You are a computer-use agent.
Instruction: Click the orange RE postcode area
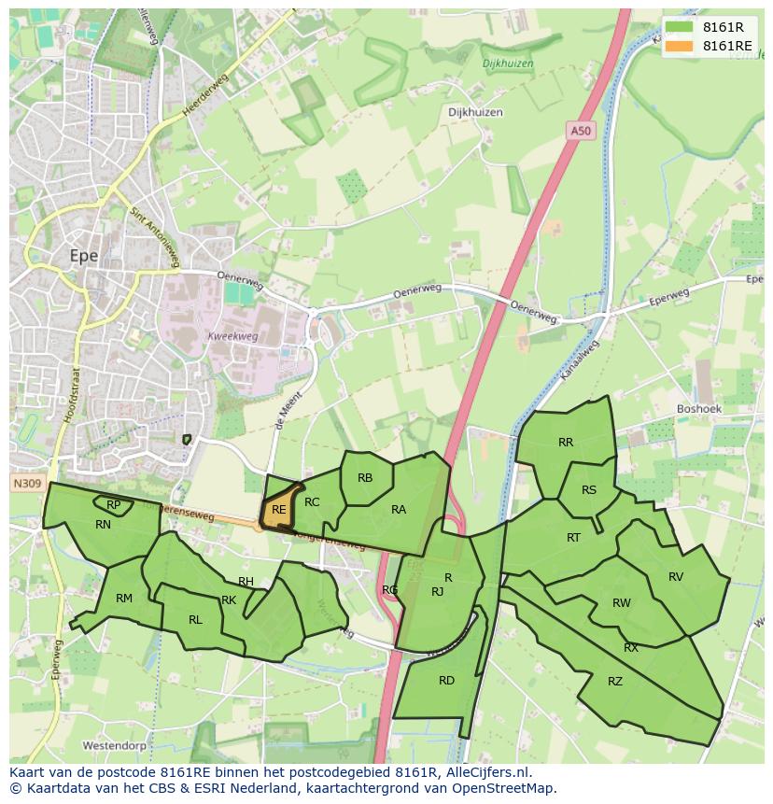[x=277, y=511]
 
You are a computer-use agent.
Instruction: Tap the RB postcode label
[x=365, y=478]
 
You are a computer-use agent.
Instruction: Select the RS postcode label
[x=588, y=490]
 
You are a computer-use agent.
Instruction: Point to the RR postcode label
[x=566, y=443]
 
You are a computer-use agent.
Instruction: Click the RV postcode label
[x=676, y=577]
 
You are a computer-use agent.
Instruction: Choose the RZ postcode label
[x=614, y=682]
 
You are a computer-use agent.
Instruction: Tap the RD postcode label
[x=446, y=681]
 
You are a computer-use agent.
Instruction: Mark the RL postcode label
[x=195, y=620]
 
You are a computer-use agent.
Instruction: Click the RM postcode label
[x=124, y=599]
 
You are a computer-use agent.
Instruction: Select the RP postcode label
[x=114, y=505]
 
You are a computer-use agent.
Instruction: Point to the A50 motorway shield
[x=581, y=132]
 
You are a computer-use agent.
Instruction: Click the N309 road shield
[x=27, y=484]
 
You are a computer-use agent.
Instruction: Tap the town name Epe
[x=84, y=255]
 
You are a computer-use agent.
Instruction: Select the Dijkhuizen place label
[x=475, y=112]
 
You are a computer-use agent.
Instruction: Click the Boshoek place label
[x=697, y=409]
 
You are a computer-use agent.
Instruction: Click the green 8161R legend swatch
[x=679, y=27]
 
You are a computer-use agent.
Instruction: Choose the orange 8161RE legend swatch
[x=679, y=46]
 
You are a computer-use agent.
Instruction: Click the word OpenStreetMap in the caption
[x=508, y=788]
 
